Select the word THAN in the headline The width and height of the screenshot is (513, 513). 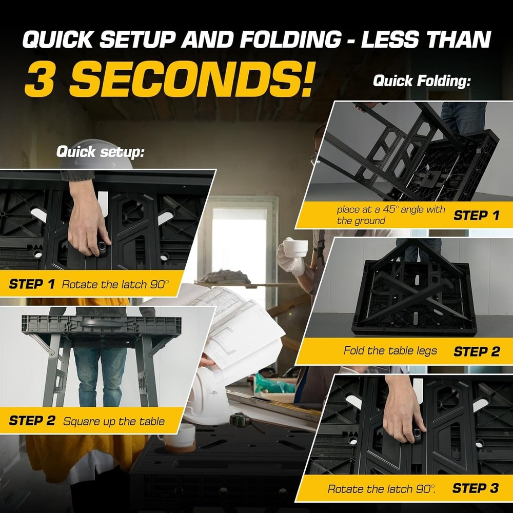(452, 40)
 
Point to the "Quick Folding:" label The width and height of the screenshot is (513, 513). (421, 81)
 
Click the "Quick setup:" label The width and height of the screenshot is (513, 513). (100, 151)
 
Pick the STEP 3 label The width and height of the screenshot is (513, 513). (475, 488)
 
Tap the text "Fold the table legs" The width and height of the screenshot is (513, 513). (390, 351)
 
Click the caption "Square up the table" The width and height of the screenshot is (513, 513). (114, 422)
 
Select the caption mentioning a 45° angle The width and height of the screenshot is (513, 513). (391, 215)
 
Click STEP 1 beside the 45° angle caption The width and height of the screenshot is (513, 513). (476, 215)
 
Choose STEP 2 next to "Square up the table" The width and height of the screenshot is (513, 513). (32, 421)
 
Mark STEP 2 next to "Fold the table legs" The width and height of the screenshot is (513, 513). (476, 351)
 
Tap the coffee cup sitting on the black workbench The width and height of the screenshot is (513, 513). (176, 437)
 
